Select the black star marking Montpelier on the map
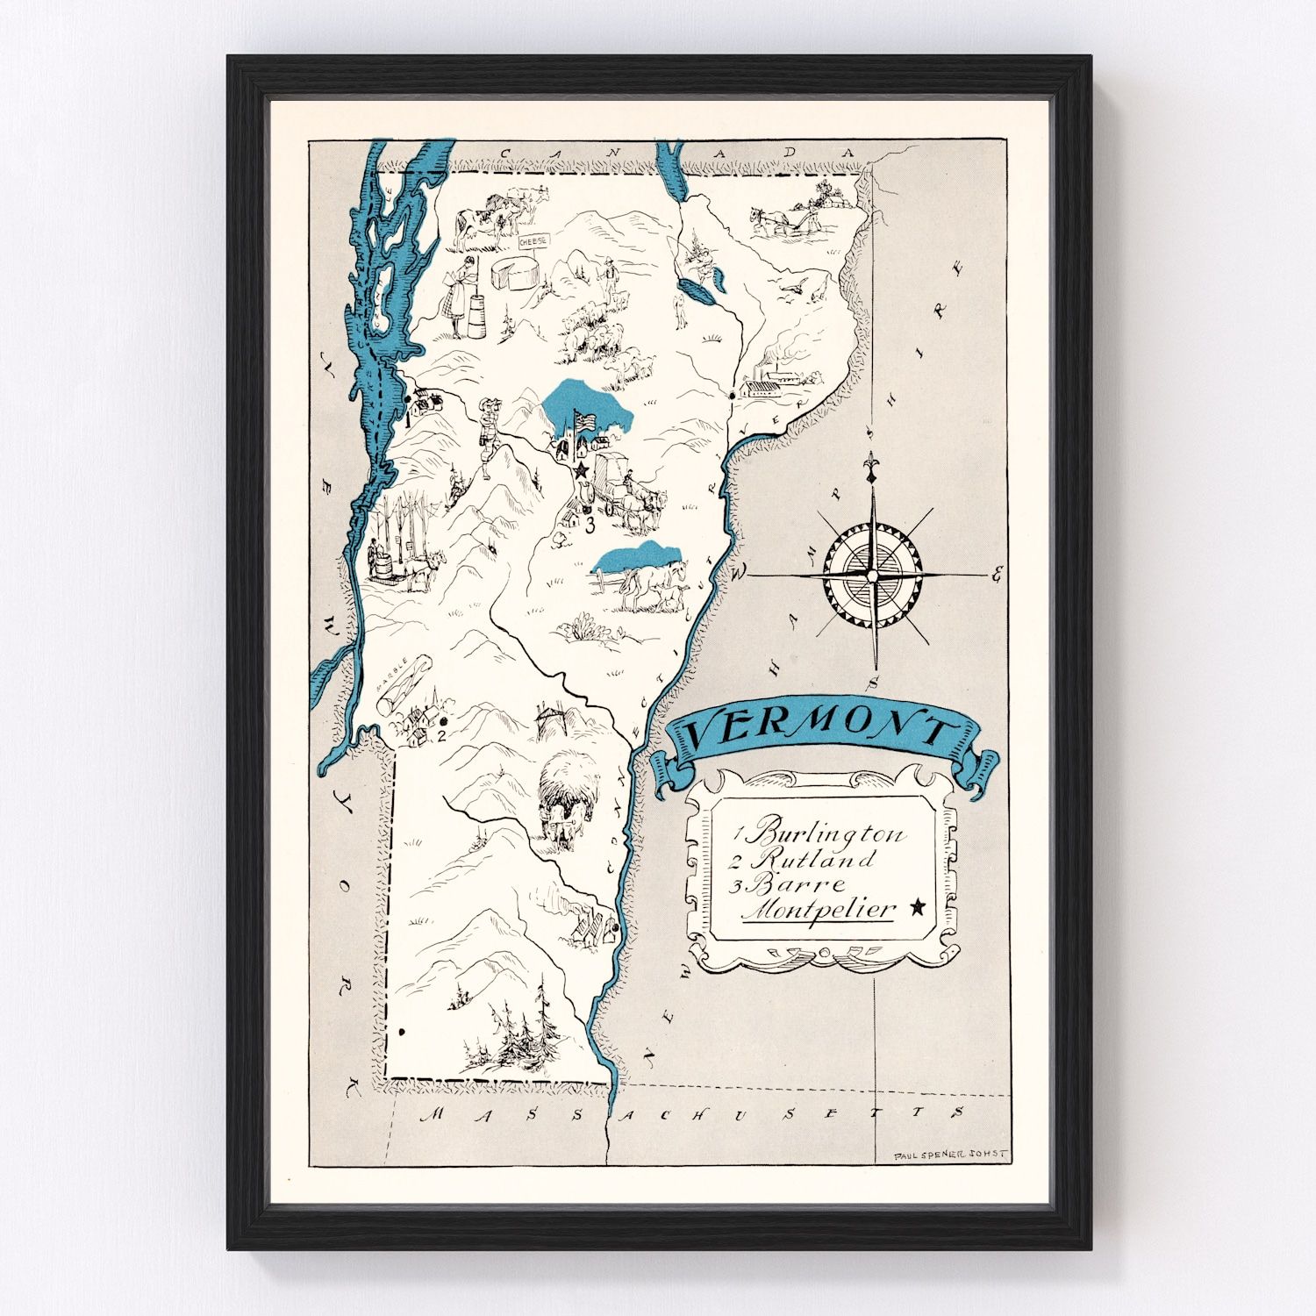pos(581,471)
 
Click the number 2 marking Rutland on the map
pos(441,734)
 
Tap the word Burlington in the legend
pos(829,832)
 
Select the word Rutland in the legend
pos(814,859)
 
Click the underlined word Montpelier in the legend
pos(819,910)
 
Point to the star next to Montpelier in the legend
pos(919,907)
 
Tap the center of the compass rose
pos(872,576)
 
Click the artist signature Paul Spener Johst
pos(950,1155)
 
